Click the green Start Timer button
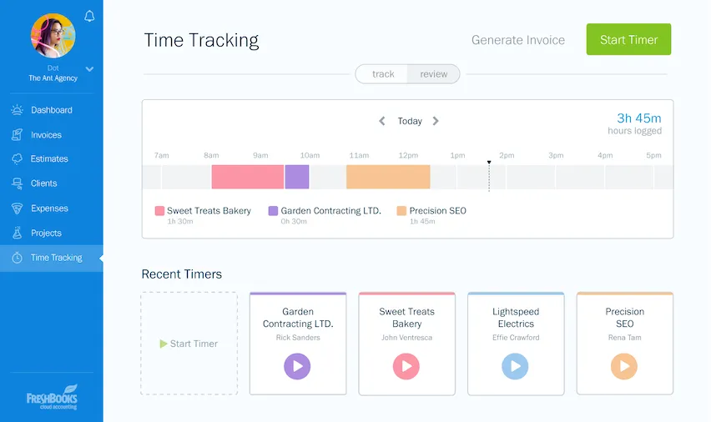628,39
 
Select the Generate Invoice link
517,39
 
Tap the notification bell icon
89,16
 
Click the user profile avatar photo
53,36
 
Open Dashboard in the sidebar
51,110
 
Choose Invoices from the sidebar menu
46,134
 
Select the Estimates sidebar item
49,158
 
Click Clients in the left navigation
43,183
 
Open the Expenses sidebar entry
49,208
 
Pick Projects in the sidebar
46,233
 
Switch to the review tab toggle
433,74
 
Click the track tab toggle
383,74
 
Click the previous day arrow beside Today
382,121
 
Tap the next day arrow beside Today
436,121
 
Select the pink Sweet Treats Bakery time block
247,177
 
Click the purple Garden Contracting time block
297,177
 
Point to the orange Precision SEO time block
388,177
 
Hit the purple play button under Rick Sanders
297,365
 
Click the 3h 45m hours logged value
638,118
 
